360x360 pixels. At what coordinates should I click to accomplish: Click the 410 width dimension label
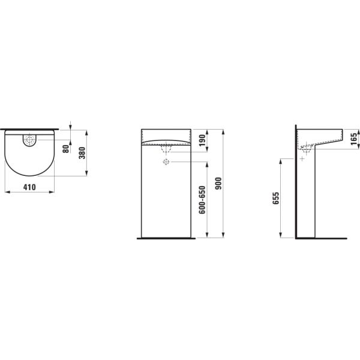(x=29, y=187)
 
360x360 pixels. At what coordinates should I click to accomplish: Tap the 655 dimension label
(x=276, y=199)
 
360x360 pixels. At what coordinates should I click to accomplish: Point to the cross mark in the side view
(x=302, y=158)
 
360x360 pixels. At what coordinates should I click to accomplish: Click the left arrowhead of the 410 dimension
(x=6, y=193)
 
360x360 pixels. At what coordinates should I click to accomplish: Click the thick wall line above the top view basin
(x=29, y=129)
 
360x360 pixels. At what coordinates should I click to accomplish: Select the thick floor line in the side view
(x=321, y=238)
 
